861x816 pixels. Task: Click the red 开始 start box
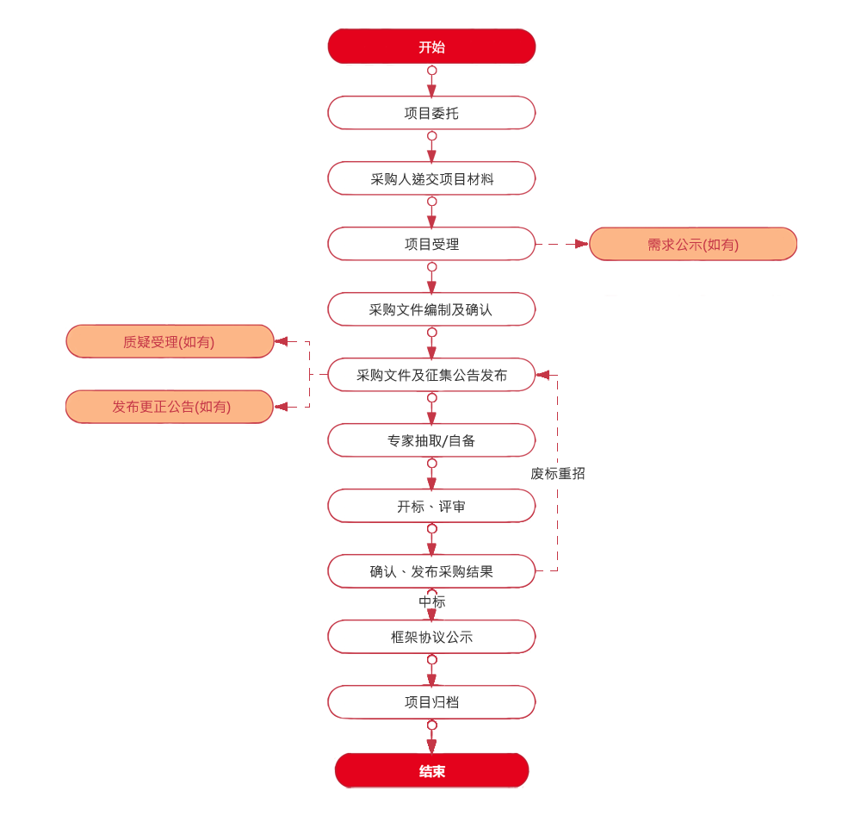click(431, 47)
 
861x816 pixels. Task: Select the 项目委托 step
click(431, 113)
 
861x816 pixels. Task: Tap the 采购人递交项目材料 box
click(431, 178)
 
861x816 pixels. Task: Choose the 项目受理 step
click(431, 244)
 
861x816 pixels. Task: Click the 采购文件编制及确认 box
click(431, 309)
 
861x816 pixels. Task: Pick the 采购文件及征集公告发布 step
click(431, 375)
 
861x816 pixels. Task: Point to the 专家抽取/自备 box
click(431, 440)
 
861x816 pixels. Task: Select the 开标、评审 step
click(431, 506)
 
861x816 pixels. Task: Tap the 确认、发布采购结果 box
click(431, 571)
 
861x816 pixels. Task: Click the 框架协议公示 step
click(431, 637)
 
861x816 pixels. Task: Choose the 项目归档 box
click(431, 702)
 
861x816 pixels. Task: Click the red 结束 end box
click(431, 770)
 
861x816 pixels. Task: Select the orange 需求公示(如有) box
click(692, 244)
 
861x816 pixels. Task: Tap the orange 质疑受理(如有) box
click(169, 341)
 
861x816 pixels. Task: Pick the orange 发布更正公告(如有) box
click(169, 407)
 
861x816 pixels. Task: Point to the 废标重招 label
click(558, 473)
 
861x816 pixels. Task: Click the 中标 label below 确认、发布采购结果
click(432, 602)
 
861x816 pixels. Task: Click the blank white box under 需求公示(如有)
click(692, 277)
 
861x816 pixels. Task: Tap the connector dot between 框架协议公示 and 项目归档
click(432, 661)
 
